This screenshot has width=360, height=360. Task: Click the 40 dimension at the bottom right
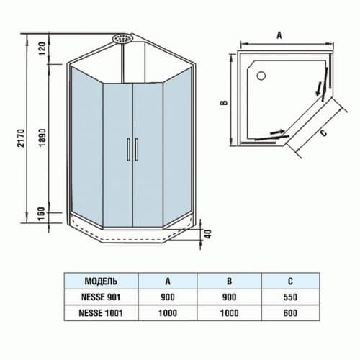point(207,234)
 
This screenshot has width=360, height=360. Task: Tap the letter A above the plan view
point(279,35)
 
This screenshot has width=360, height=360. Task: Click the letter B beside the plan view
point(224,103)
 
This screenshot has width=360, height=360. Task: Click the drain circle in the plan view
point(261,73)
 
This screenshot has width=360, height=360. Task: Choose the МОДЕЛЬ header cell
point(101,282)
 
